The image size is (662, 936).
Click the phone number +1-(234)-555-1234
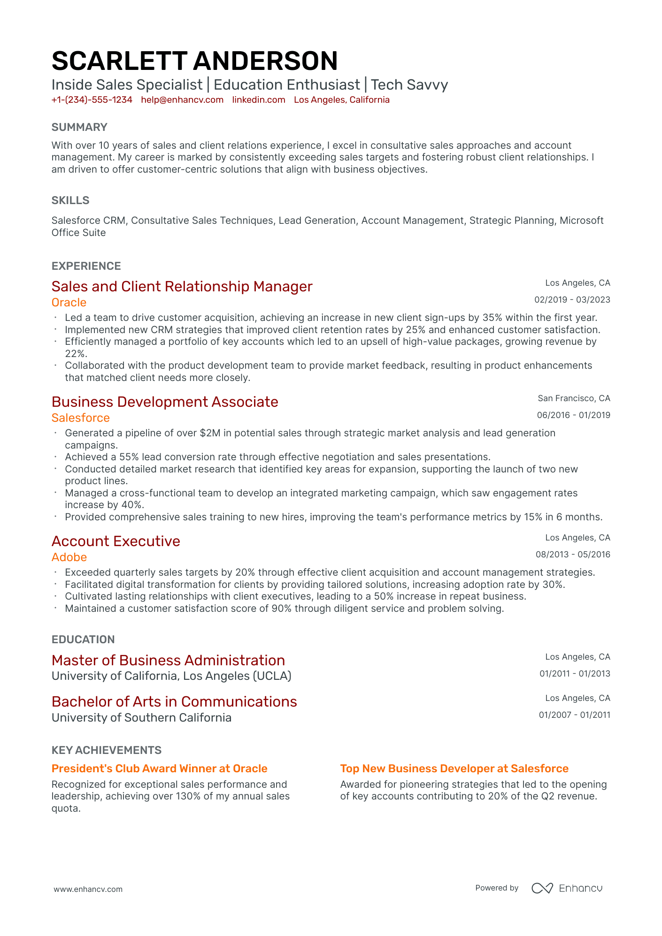coord(92,100)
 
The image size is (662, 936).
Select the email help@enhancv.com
coord(182,100)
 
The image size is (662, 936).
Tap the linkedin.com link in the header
coord(259,100)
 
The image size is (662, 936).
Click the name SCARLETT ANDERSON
coord(194,61)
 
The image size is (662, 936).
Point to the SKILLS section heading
coord(70,200)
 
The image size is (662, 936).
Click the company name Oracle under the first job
coord(69,303)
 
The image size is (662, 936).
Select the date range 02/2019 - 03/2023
coord(572,300)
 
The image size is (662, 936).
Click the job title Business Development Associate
coord(165,402)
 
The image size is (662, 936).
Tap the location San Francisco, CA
coord(574,398)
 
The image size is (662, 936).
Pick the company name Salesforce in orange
coord(81,418)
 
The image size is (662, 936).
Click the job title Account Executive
coord(116,541)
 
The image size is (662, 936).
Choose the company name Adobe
coord(69,557)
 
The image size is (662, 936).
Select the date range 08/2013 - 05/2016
coord(573,555)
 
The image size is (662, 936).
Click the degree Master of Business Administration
coord(168,661)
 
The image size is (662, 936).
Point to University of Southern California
coord(141,718)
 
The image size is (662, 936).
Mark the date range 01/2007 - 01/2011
coord(574,715)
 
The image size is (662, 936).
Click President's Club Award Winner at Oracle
coord(159,769)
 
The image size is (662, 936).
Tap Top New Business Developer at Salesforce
coord(454,769)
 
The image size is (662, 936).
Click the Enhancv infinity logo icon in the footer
coord(542,888)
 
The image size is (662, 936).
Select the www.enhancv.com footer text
coord(88,889)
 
